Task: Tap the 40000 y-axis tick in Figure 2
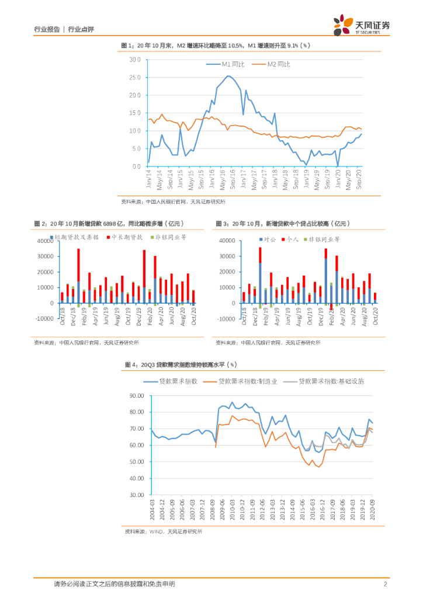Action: click(45, 241)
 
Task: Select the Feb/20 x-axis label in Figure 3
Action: click(331, 314)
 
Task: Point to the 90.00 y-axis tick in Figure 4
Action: click(136, 395)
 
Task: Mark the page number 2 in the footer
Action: click(386, 584)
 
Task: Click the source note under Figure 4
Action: click(163, 531)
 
